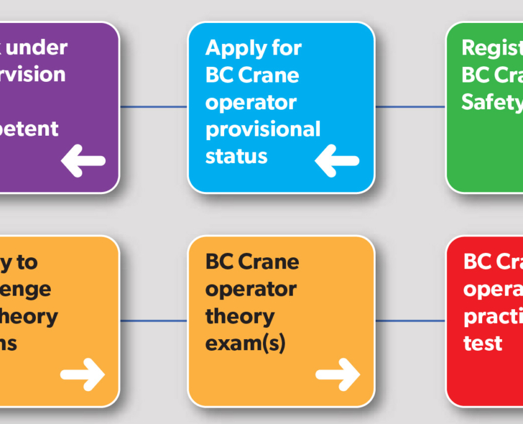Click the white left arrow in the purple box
pos(83,161)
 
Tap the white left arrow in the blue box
pos(337,161)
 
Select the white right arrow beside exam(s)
pos(337,374)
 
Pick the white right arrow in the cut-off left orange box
pos(82,374)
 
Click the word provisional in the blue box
pos(262,129)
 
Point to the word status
pos(236,156)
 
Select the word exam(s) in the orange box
pos(245,343)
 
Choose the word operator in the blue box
pos(251,102)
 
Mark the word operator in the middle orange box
pos(251,289)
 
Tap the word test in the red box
pos(483,343)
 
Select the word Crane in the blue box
pos(269,75)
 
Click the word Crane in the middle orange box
pos(269,262)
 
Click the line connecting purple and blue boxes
pos(153,107)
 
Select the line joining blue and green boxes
pos(410,107)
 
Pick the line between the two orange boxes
pos(153,320)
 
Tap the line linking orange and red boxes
pos(410,320)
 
